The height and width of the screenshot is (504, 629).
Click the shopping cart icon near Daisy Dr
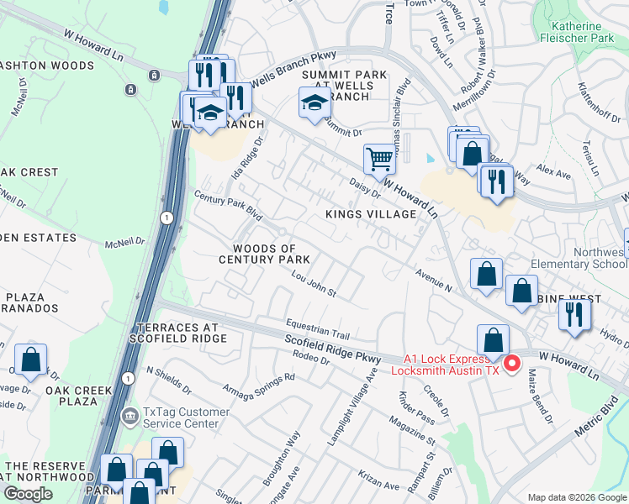(x=379, y=158)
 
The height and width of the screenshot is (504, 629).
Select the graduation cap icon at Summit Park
(x=314, y=104)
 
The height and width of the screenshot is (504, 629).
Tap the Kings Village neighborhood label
(x=371, y=214)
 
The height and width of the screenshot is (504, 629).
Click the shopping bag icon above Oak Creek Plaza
(x=30, y=359)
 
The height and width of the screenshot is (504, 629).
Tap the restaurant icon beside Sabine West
(x=576, y=313)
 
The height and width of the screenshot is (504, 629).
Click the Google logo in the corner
(x=28, y=494)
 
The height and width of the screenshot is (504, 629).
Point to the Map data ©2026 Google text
(x=576, y=497)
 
